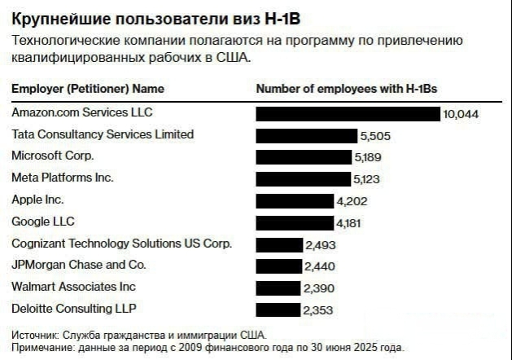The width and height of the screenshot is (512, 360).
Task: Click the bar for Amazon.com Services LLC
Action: click(x=348, y=113)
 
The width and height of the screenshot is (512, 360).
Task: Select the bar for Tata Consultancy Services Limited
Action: click(x=307, y=135)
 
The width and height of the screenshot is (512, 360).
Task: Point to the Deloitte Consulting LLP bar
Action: click(x=278, y=310)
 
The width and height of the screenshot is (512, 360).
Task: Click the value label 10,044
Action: click(x=461, y=114)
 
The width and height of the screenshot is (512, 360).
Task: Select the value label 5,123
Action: click(x=367, y=178)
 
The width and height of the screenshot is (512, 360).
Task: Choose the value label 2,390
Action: click(x=318, y=288)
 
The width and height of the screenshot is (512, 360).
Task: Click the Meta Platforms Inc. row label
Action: click(x=63, y=178)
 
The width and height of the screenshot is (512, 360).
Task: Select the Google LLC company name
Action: click(x=42, y=222)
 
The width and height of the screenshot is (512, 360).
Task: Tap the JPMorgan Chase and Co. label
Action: click(x=79, y=265)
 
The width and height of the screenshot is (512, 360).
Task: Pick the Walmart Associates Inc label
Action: click(x=74, y=287)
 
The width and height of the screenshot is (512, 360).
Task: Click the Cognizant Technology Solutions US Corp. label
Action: click(x=122, y=244)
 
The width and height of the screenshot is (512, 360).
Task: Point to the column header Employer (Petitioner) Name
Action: click(x=88, y=89)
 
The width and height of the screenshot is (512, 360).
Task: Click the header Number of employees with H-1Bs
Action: click(x=353, y=89)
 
